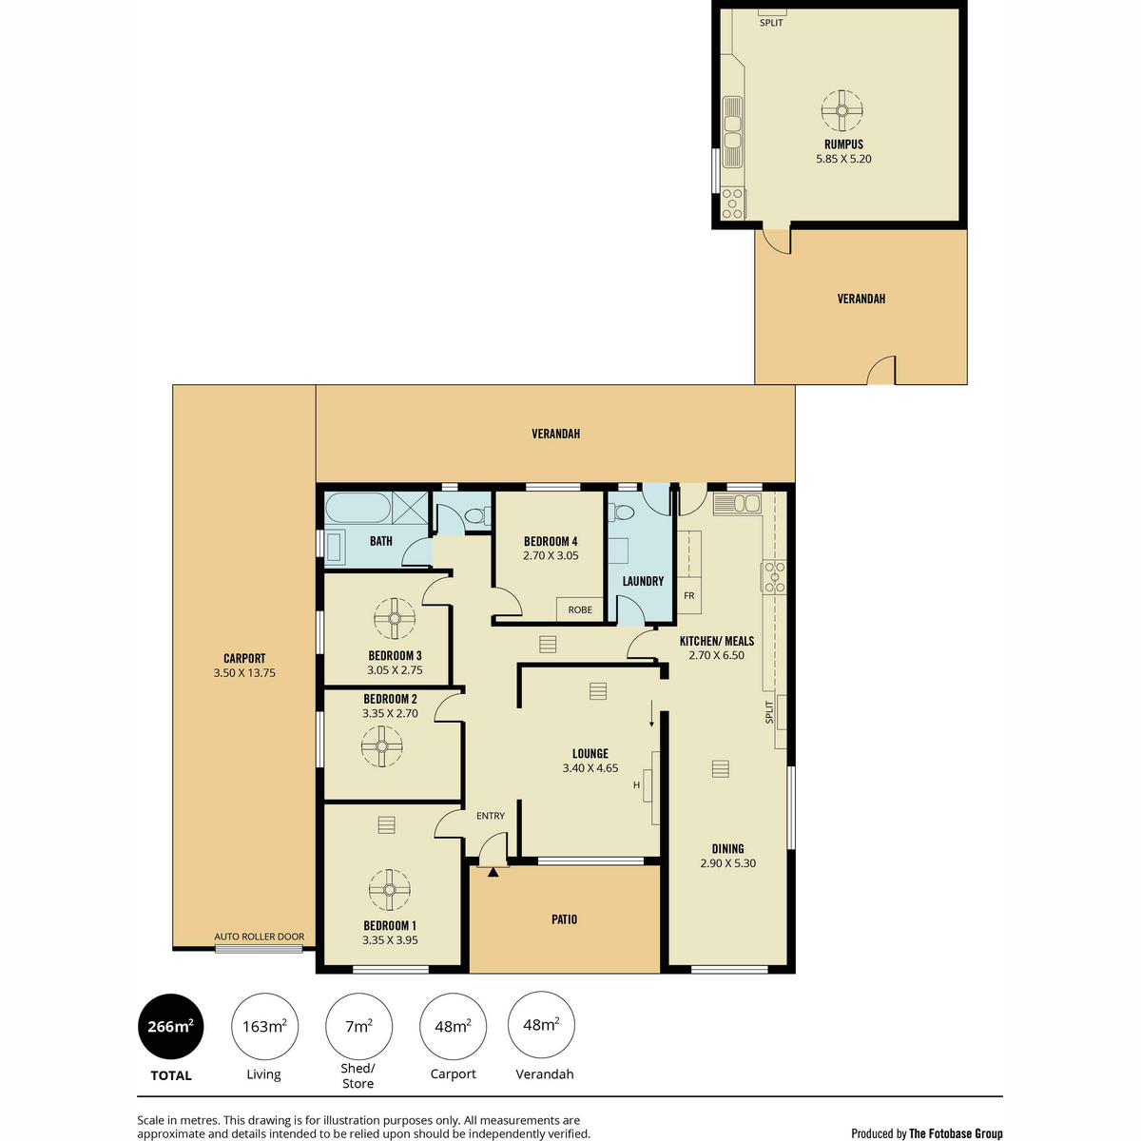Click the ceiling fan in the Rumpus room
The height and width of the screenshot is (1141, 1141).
pos(841,110)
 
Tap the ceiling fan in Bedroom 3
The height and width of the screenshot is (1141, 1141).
pos(395,618)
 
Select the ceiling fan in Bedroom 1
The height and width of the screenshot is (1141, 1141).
pos(389,889)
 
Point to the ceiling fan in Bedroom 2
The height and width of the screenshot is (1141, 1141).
pos(382,746)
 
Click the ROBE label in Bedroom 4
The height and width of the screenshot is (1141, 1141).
pos(580,609)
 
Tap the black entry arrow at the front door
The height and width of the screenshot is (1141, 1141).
pos(493,872)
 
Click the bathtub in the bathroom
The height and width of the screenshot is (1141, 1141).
pos(358,508)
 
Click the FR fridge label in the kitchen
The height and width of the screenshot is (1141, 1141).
pos(688,595)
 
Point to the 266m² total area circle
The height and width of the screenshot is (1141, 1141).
pos(170,1026)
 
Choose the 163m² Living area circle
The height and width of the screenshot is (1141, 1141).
pos(264,1026)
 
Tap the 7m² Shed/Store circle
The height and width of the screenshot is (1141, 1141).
pos(358,1026)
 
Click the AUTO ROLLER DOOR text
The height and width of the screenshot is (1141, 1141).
pos(259,937)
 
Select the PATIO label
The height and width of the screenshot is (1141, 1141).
pos(564,919)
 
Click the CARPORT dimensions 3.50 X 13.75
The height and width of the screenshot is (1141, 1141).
pos(244,672)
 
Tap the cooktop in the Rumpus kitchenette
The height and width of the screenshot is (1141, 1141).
pos(732,203)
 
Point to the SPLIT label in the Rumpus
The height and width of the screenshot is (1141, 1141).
pos(771,23)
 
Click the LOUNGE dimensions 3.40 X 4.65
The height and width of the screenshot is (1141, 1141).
pos(590,768)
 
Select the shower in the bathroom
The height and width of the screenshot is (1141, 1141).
pos(410,508)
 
